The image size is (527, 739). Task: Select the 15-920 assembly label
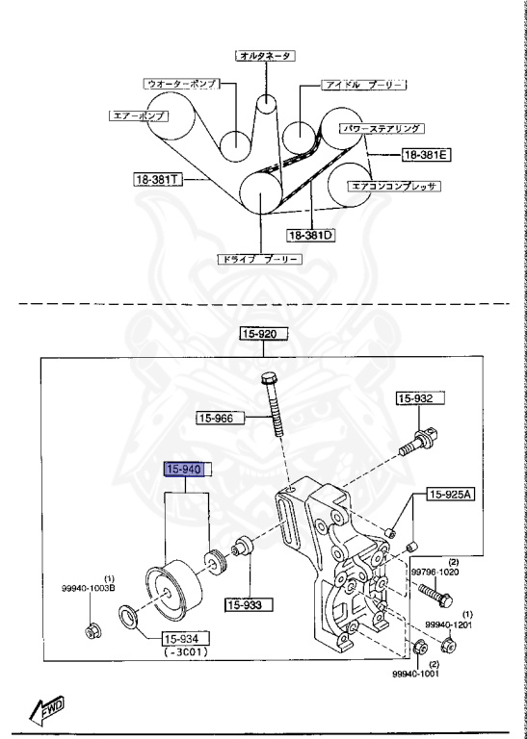264,335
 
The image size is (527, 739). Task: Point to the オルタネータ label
265,56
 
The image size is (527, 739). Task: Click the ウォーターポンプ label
181,85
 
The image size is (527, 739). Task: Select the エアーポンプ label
138,115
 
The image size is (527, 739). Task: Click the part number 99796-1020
437,571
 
